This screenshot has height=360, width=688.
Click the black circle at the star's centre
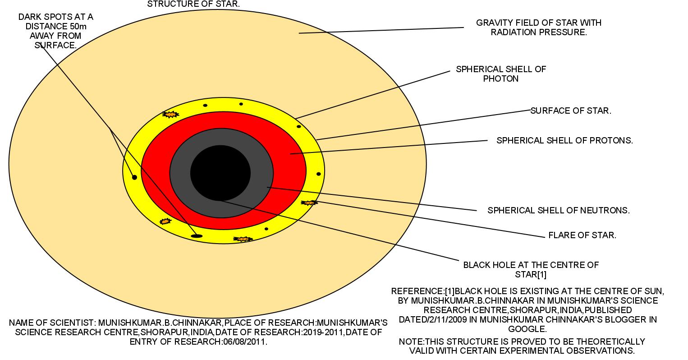tap(220, 172)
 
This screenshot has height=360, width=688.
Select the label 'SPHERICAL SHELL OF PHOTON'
tap(500, 74)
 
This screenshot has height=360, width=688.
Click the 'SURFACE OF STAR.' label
tap(570, 111)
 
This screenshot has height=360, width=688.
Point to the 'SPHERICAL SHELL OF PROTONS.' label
tap(564, 140)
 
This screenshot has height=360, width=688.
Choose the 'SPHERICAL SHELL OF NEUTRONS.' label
tap(559, 210)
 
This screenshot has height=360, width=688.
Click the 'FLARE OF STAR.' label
tap(582, 235)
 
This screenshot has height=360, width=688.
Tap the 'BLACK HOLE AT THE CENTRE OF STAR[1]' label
tap(531, 269)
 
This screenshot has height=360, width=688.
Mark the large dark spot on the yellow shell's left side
tap(134, 177)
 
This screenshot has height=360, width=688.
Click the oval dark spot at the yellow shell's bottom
tap(197, 235)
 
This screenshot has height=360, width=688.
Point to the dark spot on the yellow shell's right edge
tap(318, 174)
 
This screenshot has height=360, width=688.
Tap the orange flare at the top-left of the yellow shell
tap(170, 115)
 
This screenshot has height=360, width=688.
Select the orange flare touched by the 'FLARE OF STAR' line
tap(309, 203)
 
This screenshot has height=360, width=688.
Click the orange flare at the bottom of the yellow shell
tap(243, 239)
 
